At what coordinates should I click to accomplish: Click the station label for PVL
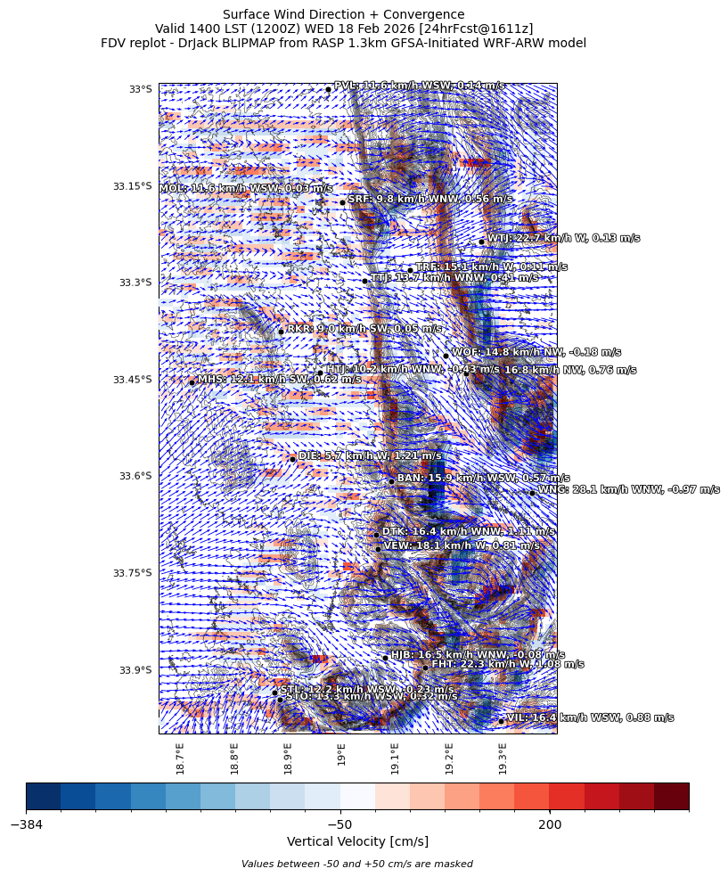pos(419,86)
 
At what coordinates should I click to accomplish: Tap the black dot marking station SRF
pos(342,202)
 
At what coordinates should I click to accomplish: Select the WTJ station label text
pos(563,238)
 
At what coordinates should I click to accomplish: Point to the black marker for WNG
pos(532,493)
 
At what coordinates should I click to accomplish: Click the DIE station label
pos(370,455)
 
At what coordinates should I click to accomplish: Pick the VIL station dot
pos(501,721)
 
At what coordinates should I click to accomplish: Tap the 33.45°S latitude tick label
pos(132,380)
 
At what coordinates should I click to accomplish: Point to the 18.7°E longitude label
pos(180,758)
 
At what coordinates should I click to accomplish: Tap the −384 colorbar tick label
pos(27,824)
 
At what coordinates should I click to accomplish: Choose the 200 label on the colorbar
pos(550,824)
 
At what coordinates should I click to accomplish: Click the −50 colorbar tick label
pos(339,824)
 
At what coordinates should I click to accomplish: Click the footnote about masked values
pos(357,864)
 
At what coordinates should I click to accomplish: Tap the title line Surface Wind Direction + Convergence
pos(343,14)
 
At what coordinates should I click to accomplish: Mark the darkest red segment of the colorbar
pos(671,796)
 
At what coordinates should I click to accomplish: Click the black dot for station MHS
pos(192,383)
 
